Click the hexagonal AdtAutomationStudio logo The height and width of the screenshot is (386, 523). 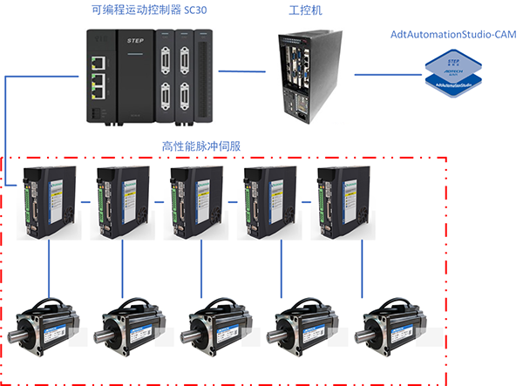point(453,73)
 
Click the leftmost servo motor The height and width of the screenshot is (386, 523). point(49,327)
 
